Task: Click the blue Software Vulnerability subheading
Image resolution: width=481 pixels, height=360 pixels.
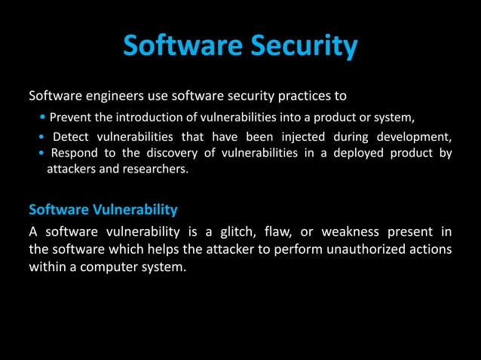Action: tap(103, 208)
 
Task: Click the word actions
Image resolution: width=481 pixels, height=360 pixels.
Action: tap(429, 248)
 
